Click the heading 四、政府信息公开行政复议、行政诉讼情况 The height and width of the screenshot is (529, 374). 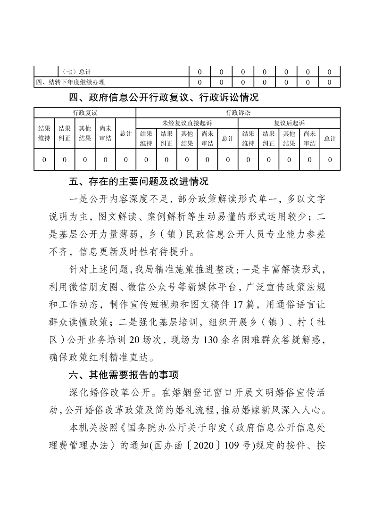click(164, 98)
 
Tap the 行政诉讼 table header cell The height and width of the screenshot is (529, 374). click(238, 113)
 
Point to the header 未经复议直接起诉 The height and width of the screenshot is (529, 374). click(187, 123)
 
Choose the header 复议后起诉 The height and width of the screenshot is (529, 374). click(289, 123)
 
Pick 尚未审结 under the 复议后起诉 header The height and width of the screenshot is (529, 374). click(309, 139)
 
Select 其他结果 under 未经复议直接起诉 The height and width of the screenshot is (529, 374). click(187, 139)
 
